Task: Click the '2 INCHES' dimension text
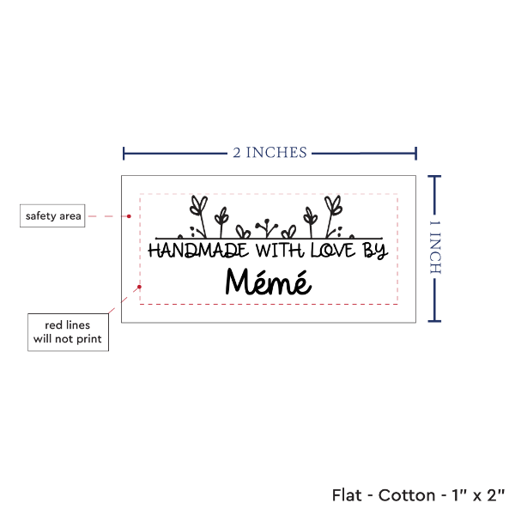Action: [270, 153]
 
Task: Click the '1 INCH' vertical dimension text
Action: [435, 247]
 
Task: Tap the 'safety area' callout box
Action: [52, 215]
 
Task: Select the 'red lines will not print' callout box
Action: [68, 332]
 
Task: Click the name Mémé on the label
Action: [269, 282]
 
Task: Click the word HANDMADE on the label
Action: [198, 251]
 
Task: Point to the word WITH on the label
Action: [280, 251]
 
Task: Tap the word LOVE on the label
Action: [333, 251]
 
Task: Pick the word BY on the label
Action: [375, 251]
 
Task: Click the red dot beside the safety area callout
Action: [129, 216]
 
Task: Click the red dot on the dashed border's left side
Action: [139, 287]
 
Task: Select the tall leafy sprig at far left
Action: [199, 216]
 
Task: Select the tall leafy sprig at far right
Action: [333, 216]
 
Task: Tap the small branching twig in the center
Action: [267, 228]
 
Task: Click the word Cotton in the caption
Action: [407, 495]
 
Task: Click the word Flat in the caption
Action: [347, 495]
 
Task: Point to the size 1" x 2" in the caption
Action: [478, 495]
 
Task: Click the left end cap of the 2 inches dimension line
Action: [124, 154]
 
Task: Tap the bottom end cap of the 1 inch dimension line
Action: [434, 321]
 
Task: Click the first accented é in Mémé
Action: [263, 282]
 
